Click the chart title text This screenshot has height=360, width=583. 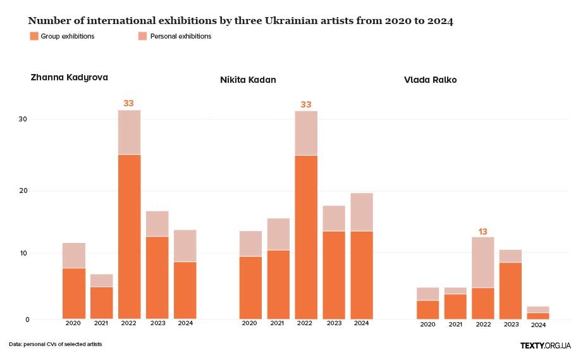[240, 21]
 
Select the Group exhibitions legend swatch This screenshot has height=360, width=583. [34, 37]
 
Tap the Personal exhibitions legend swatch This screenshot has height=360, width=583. [142, 37]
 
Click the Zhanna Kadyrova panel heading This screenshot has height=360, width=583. [69, 77]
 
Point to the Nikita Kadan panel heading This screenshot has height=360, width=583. [248, 80]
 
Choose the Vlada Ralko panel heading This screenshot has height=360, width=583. [430, 80]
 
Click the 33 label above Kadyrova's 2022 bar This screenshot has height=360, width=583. [128, 103]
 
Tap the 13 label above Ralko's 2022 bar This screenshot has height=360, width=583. [482, 232]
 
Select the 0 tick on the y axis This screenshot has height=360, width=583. [27, 320]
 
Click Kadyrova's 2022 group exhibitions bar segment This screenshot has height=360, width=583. [129, 237]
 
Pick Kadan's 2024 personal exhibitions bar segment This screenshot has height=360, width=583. [362, 212]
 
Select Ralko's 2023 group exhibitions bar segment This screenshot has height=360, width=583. [510, 290]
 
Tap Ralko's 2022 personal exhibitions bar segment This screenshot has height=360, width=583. [482, 263]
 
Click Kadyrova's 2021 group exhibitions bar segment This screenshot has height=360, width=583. [101, 303]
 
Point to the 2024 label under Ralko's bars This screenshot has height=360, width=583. [538, 325]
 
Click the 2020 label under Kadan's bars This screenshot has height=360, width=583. [250, 323]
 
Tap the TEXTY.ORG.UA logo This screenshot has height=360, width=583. [545, 345]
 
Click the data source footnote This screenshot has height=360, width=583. [56, 344]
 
